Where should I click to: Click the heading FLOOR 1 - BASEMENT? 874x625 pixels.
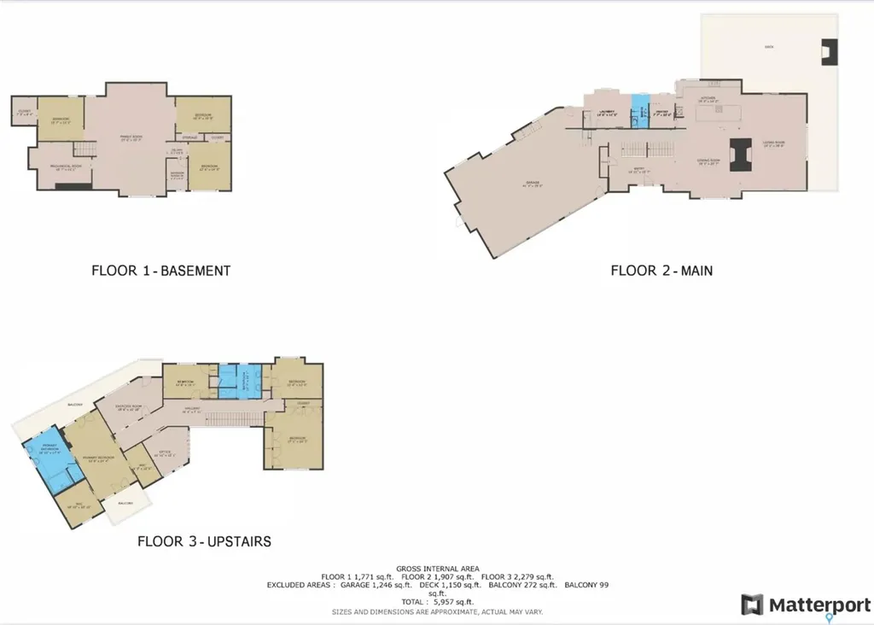tap(160, 271)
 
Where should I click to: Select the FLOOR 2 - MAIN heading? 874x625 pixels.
tap(661, 271)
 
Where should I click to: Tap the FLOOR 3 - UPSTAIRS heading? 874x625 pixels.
tap(204, 541)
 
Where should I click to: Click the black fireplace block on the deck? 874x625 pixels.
tap(829, 52)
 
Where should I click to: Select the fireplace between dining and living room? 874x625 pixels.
tap(739, 155)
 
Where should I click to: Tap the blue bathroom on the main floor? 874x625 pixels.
tap(639, 111)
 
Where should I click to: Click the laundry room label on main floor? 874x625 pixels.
tap(607, 111)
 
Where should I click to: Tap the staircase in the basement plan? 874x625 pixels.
tap(82, 149)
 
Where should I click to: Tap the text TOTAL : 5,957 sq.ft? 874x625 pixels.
tap(436, 602)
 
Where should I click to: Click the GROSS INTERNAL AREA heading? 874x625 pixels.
tap(436, 568)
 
